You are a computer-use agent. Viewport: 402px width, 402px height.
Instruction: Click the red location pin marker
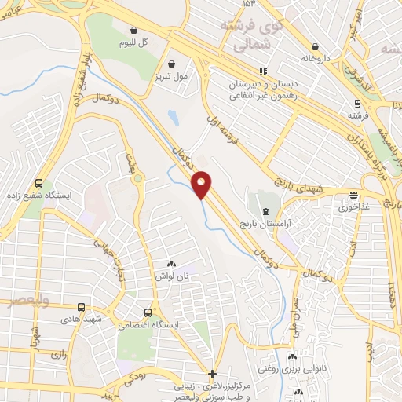202,185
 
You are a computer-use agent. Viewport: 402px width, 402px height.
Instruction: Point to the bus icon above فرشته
358,102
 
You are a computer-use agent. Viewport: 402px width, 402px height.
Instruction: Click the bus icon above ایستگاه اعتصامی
145,312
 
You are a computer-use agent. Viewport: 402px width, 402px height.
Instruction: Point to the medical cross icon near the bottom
212,374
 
